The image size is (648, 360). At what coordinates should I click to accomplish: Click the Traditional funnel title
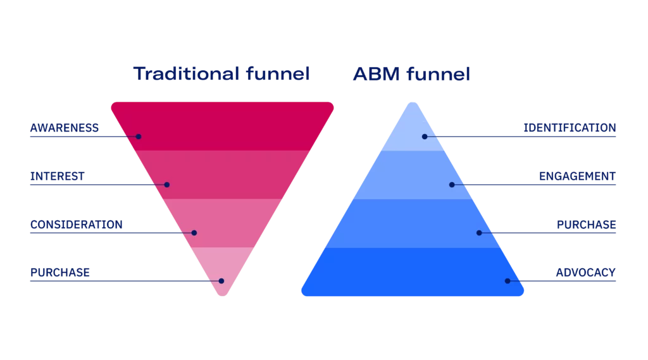pos(223,74)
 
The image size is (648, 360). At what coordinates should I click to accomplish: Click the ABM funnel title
pos(411,74)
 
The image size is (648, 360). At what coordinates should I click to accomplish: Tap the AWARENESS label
pos(65,128)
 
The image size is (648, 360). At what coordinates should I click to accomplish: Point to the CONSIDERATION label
pos(76,225)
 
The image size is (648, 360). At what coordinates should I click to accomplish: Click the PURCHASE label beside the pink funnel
pos(61,272)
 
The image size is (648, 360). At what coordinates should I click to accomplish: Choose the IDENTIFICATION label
pos(570,128)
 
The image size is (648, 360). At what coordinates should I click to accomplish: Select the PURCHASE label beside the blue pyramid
pos(587,225)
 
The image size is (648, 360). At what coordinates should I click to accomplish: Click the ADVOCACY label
pos(585,272)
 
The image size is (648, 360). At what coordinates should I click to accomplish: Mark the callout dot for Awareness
pos(139,137)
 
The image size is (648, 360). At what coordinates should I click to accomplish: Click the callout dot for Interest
pos(167,185)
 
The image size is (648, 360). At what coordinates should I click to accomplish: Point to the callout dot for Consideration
pos(194,233)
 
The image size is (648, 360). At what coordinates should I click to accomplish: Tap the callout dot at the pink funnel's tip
pos(221,281)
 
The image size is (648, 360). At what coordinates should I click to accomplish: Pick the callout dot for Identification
pos(425,137)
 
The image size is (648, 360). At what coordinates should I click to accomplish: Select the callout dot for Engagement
pos(452,185)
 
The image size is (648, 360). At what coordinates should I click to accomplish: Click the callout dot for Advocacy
pos(507,281)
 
